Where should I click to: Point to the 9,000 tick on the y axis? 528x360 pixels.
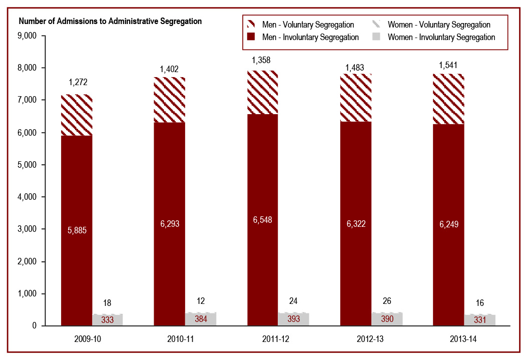tap(27, 36)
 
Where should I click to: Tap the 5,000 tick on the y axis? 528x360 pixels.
tap(27, 165)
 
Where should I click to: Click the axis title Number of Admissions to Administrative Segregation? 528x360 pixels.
tap(110, 21)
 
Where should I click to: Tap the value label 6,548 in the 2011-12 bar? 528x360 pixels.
tap(262, 220)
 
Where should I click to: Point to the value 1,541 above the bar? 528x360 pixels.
tap(448, 65)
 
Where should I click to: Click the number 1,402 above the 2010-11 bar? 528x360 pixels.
tap(169, 69)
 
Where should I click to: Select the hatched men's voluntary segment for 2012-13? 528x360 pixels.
tap(355, 98)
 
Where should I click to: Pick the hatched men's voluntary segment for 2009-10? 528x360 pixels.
tap(77, 115)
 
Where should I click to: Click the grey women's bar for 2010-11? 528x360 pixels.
tap(201, 319)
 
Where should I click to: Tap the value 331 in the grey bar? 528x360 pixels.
tap(479, 320)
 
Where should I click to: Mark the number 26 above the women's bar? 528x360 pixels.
tap(386, 301)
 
